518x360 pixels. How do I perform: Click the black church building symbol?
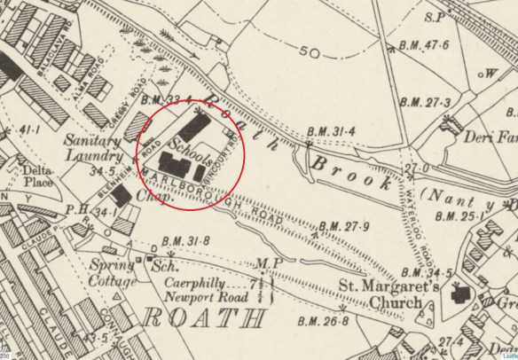(x=462, y=295)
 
